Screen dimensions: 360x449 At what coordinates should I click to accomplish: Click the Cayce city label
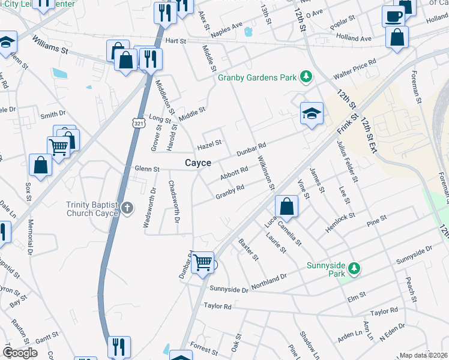(x=197, y=163)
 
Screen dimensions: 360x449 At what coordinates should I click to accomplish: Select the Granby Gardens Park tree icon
(x=307, y=76)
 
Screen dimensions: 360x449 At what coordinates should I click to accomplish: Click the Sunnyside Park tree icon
(x=355, y=267)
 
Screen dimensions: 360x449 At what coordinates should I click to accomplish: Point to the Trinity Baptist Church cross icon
(x=127, y=208)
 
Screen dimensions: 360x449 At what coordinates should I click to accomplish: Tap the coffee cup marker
(x=393, y=16)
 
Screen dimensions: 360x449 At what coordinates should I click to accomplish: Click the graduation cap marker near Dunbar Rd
(x=312, y=113)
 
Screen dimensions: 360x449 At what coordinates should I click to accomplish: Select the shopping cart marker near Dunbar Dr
(x=203, y=262)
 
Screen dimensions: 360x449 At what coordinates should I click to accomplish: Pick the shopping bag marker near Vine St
(x=288, y=207)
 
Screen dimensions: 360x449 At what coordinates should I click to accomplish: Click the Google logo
(x=20, y=352)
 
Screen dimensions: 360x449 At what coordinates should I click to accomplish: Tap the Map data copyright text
(x=423, y=355)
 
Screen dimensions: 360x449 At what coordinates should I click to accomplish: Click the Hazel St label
(x=210, y=144)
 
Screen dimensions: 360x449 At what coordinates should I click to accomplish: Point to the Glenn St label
(x=147, y=169)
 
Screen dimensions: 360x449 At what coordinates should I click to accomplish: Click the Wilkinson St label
(x=266, y=172)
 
